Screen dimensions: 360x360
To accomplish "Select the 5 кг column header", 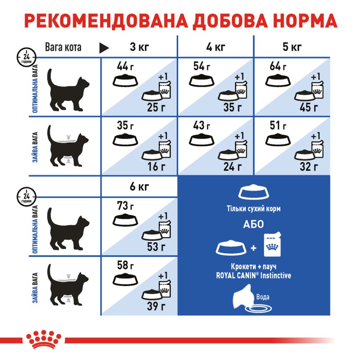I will tap(292, 47).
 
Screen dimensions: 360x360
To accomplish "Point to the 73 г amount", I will tap(125, 207).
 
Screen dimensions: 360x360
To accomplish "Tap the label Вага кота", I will tap(63, 47).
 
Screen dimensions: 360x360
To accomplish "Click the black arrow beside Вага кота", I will tap(104, 47).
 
